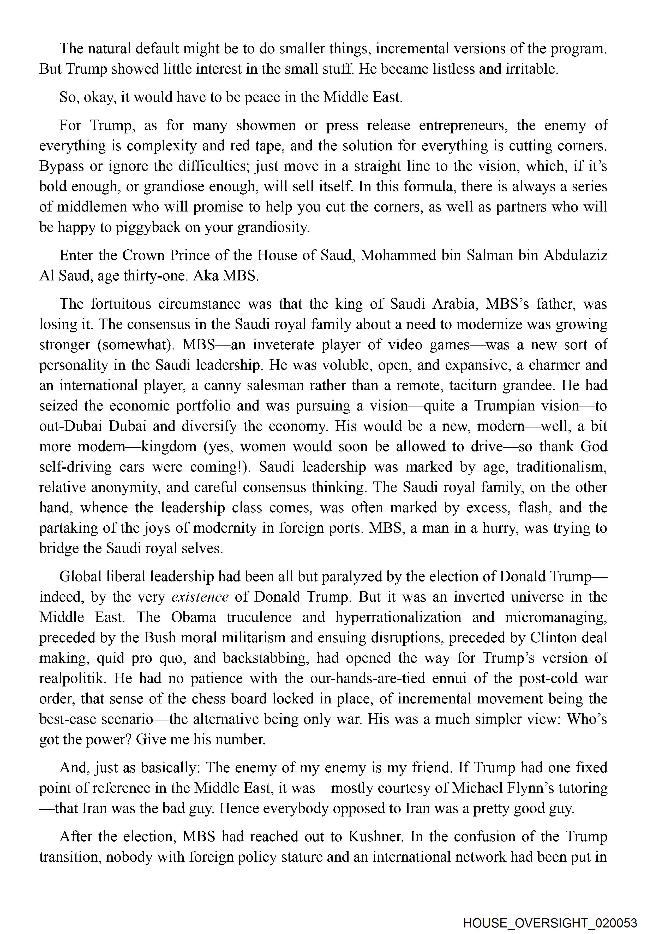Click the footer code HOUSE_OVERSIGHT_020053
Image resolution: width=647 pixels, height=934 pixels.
pos(550,912)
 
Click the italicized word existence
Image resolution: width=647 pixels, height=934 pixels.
pos(200,597)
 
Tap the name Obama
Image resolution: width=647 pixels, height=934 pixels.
pos(193,617)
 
